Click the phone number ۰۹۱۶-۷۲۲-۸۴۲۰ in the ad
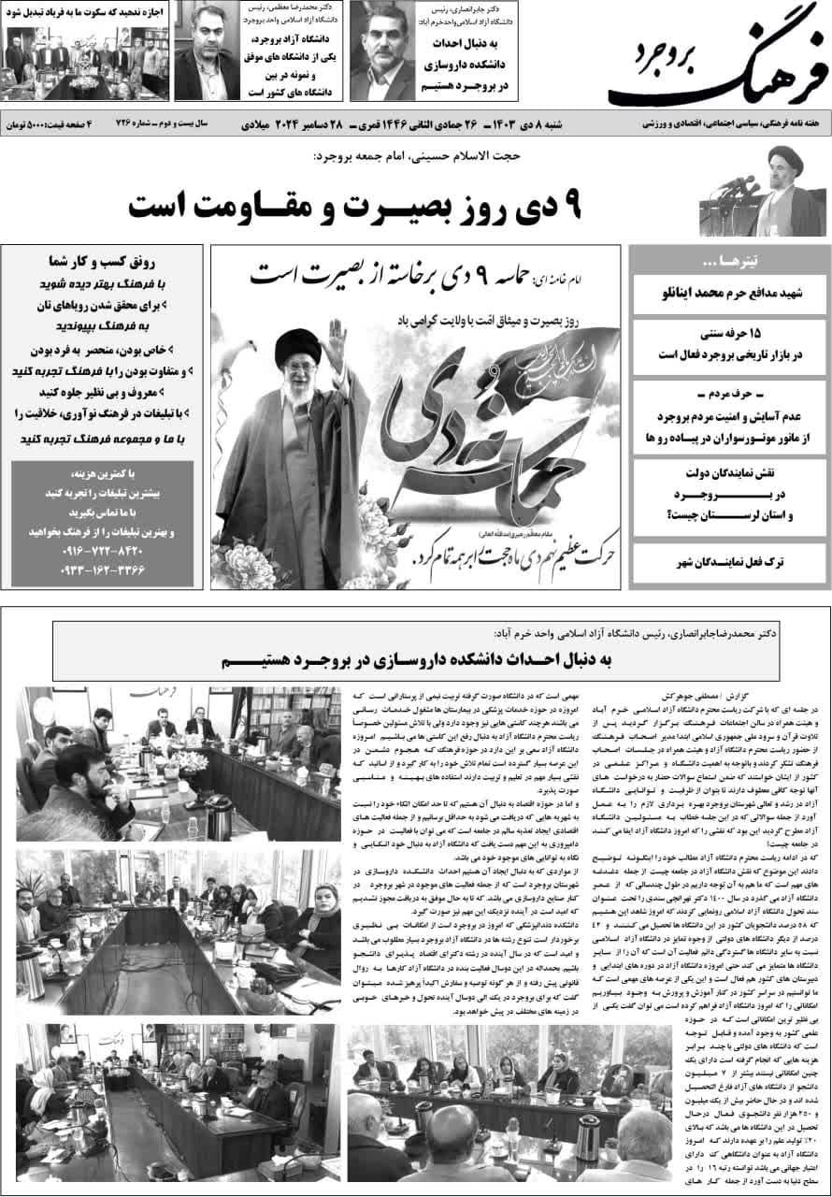[105, 550]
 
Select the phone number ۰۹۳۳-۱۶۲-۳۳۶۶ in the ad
[105, 569]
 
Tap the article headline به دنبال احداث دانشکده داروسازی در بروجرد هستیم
[417, 659]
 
